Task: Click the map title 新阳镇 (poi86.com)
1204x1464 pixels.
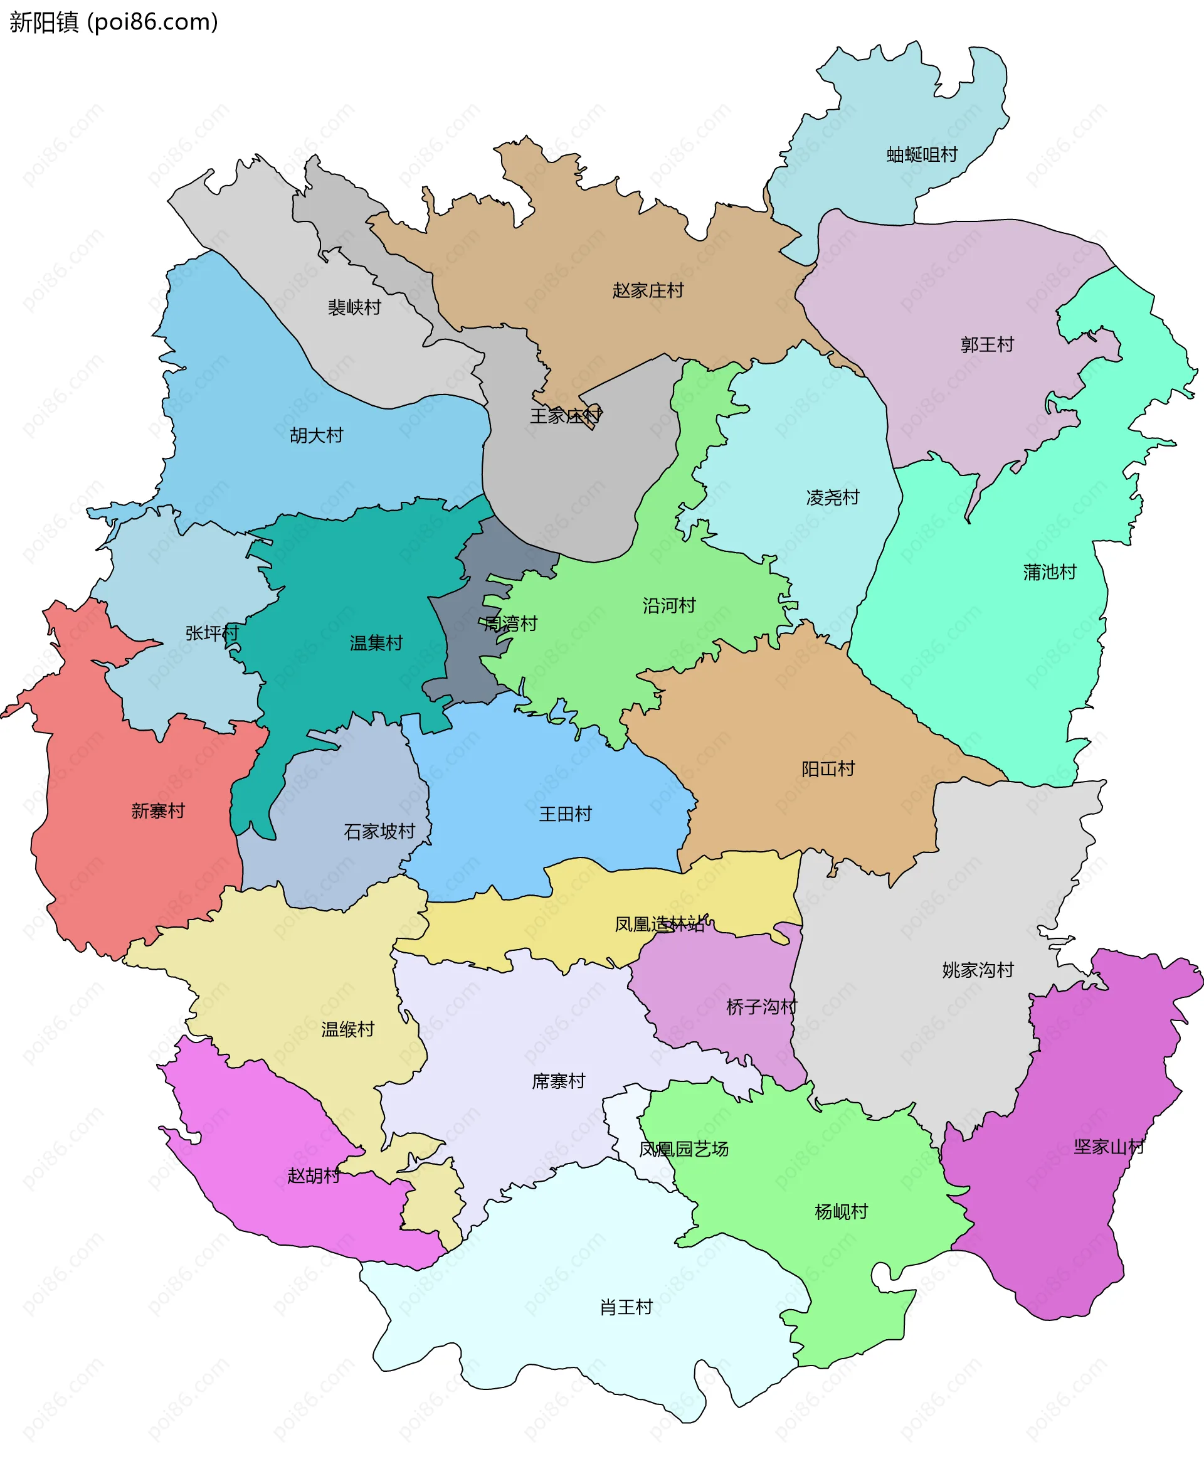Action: (x=114, y=22)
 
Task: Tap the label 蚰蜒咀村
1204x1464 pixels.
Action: (x=922, y=155)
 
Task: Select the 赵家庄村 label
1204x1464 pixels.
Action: (x=648, y=290)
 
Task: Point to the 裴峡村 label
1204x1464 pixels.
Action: (x=354, y=307)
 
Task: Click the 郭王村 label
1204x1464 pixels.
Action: (x=987, y=345)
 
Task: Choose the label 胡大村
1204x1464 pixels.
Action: (x=316, y=436)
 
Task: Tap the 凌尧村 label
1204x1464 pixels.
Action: (x=832, y=497)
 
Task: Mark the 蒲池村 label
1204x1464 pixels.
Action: (x=1049, y=573)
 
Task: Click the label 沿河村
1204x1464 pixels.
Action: (x=668, y=606)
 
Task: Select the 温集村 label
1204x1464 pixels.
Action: (x=376, y=643)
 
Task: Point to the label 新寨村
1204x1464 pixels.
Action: (x=158, y=811)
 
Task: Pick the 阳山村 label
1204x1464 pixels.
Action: (x=828, y=769)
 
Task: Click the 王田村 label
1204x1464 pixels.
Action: (x=565, y=814)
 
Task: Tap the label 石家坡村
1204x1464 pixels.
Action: (x=379, y=831)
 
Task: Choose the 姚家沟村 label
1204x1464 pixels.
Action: (x=978, y=970)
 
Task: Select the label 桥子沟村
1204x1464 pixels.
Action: (x=761, y=1007)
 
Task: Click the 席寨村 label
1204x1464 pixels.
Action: (x=558, y=1081)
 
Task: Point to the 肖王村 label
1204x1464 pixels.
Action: (x=626, y=1307)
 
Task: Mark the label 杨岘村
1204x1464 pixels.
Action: (x=842, y=1211)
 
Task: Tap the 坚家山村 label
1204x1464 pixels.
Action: (x=1109, y=1147)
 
